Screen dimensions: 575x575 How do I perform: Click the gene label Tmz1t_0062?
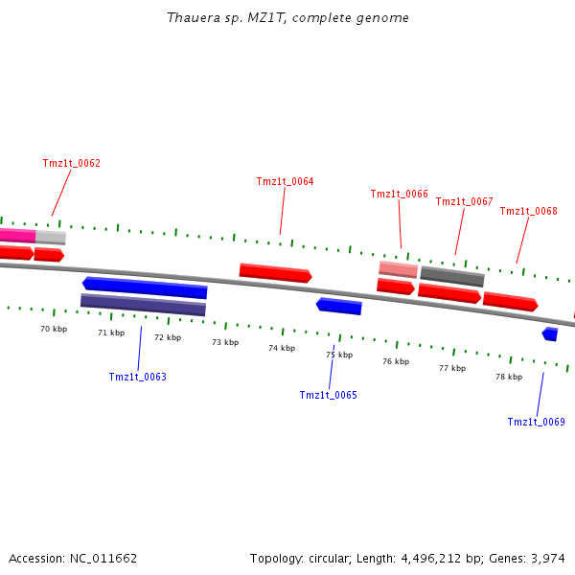pos(72,163)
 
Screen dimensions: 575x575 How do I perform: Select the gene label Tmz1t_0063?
pos(137,377)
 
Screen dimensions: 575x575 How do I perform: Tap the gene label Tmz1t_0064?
pos(285,181)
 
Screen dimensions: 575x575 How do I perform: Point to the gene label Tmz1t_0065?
pos(328,395)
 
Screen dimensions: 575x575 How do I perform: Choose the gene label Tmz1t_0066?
pos(399,194)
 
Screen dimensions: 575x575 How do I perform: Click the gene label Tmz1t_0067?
pos(464,201)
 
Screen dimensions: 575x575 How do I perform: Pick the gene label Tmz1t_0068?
pos(528,211)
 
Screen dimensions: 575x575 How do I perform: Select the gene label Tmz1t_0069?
pos(536,422)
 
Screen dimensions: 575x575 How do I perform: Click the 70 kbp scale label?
pos(54,329)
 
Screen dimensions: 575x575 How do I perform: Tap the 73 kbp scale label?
pos(225,342)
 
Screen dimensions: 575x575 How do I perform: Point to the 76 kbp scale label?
pos(396,361)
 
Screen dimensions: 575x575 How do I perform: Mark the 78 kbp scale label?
pos(509,377)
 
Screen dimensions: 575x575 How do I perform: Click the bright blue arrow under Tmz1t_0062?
pos(145,287)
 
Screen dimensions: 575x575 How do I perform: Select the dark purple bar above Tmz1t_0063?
pos(143,305)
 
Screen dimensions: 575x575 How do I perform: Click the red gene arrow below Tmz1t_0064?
pos(275,272)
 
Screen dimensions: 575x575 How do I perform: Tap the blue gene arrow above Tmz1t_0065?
pos(339,306)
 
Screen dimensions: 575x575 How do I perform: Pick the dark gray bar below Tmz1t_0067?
pos(452,276)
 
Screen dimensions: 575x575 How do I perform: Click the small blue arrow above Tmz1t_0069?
pos(549,333)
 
